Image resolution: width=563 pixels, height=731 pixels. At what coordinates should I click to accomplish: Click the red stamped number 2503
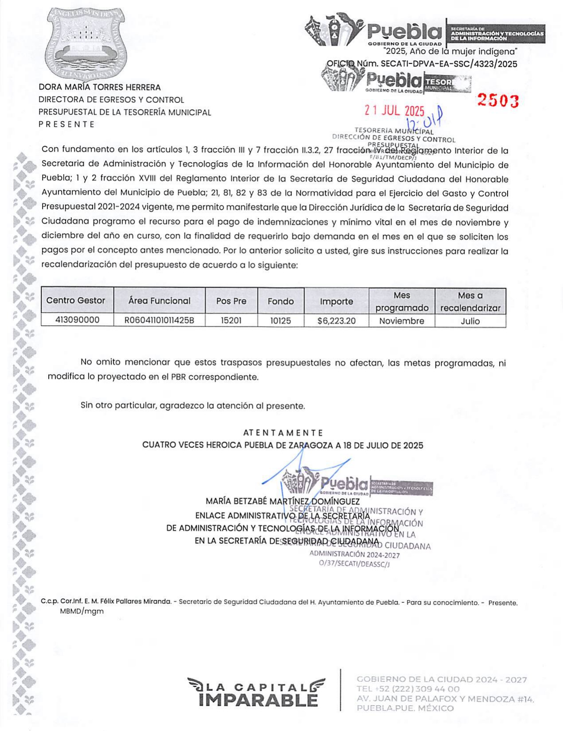(x=497, y=101)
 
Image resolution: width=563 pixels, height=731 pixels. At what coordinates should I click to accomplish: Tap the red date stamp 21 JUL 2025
(x=394, y=110)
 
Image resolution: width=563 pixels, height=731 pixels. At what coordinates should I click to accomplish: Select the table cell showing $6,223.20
(x=336, y=321)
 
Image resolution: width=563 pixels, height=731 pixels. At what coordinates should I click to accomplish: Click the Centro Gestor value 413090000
(x=78, y=320)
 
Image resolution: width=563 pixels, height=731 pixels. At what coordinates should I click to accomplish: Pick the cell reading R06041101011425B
(x=159, y=320)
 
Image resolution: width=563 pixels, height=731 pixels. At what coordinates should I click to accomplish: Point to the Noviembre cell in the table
(x=401, y=321)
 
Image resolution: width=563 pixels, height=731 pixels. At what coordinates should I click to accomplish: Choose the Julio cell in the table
(x=470, y=321)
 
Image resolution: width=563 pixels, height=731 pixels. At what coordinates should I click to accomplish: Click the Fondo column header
(x=280, y=301)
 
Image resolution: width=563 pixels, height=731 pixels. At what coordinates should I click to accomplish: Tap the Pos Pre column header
(x=231, y=301)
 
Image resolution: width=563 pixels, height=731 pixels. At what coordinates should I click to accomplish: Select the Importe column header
(x=336, y=301)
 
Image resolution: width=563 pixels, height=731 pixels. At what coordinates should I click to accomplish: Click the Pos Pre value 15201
(x=231, y=320)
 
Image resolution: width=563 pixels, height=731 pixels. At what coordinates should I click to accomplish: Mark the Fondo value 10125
(x=280, y=320)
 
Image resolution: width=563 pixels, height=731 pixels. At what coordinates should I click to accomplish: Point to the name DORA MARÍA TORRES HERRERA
(x=100, y=87)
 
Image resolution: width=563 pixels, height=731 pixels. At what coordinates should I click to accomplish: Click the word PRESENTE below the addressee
(x=66, y=124)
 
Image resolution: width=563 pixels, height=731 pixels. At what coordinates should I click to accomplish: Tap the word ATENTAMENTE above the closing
(x=283, y=433)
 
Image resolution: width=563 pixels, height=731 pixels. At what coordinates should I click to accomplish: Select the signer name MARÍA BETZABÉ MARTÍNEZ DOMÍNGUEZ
(x=283, y=502)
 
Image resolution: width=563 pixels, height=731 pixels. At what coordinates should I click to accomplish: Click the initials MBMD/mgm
(x=82, y=611)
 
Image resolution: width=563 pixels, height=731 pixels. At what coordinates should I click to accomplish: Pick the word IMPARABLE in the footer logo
(x=258, y=700)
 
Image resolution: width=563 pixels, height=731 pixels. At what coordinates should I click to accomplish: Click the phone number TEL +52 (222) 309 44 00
(x=408, y=689)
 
